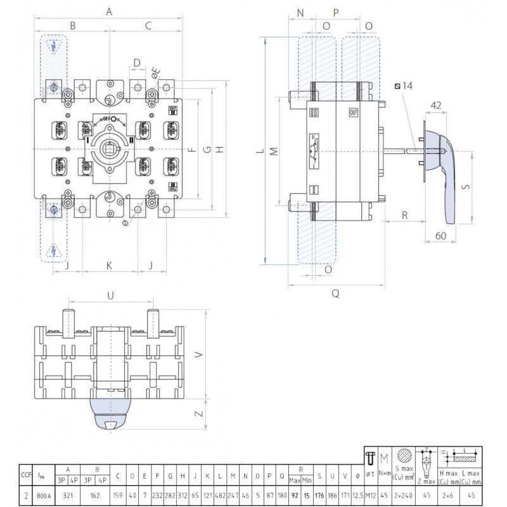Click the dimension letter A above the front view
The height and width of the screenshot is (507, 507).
pyautogui.click(x=109, y=11)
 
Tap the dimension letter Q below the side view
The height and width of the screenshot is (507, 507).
pyautogui.click(x=335, y=293)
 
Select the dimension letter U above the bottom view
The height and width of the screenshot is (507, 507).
pyautogui.click(x=110, y=295)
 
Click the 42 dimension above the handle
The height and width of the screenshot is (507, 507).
pyautogui.click(x=435, y=106)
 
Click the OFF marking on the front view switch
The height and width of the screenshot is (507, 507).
pyautogui.click(x=109, y=119)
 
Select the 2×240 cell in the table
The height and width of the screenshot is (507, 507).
pyautogui.click(x=404, y=496)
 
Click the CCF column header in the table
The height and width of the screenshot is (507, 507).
pyautogui.click(x=25, y=474)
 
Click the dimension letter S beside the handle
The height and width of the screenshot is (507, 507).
pyautogui.click(x=465, y=188)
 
